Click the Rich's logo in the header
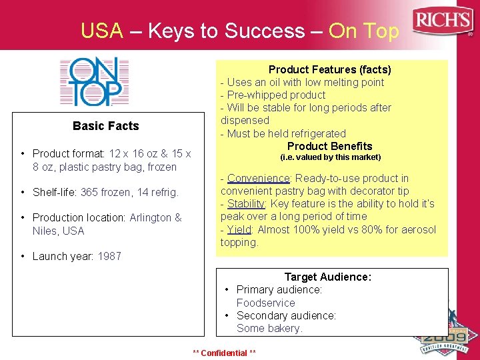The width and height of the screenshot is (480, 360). (443, 22)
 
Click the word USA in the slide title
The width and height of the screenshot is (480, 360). (101, 31)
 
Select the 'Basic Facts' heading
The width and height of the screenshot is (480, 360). (106, 126)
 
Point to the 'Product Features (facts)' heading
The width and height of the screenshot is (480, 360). (329, 69)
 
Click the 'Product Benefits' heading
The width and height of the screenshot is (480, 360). (329, 146)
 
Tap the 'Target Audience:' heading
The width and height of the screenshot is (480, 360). (327, 277)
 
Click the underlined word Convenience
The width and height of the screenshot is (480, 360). (259, 178)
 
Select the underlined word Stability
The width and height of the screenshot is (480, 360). (247, 204)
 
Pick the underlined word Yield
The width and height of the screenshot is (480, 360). (239, 229)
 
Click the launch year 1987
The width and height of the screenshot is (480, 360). (109, 257)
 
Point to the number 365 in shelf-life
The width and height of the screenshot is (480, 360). (90, 193)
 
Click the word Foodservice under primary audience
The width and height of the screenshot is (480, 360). (265, 303)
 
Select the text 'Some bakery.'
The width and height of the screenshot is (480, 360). (269, 328)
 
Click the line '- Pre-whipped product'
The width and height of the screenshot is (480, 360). (273, 95)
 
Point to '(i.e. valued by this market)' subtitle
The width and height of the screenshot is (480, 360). (330, 157)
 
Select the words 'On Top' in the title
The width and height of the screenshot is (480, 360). (364, 31)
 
